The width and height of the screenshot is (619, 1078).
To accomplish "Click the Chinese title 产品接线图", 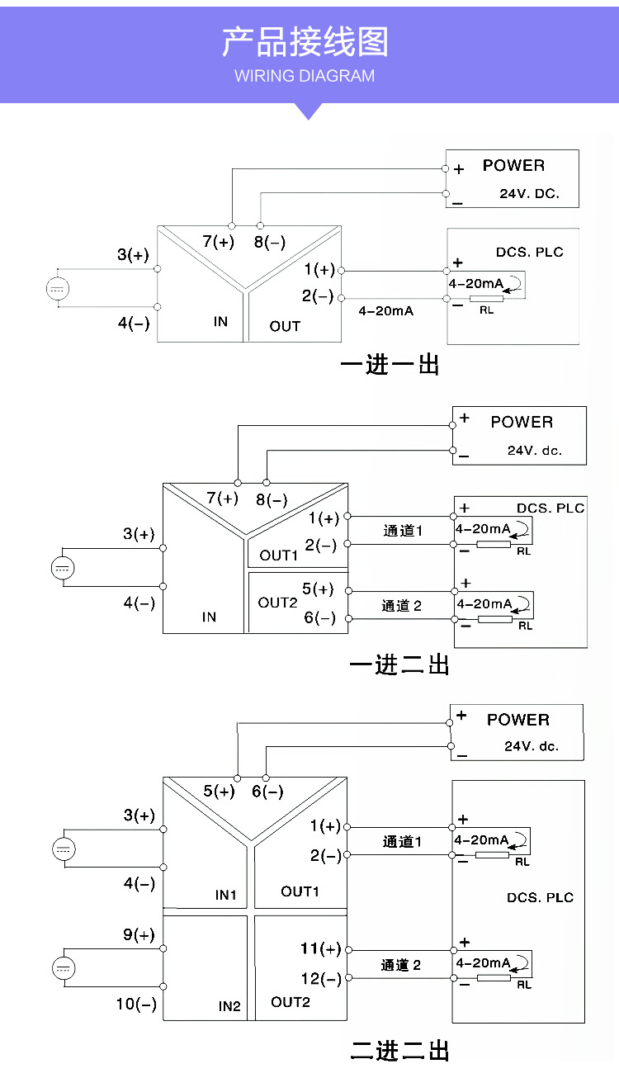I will click(305, 42).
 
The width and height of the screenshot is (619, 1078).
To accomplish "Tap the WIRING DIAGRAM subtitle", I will click(305, 76).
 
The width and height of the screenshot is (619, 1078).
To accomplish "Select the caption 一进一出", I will click(390, 365).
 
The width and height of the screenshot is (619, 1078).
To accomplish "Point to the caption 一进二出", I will click(400, 664).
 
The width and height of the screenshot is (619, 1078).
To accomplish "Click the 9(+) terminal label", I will click(139, 935).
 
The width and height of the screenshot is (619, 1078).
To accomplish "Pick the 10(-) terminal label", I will click(136, 1005).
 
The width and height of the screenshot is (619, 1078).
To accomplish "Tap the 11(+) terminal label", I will click(320, 949).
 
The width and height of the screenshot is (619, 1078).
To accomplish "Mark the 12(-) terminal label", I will click(320, 979).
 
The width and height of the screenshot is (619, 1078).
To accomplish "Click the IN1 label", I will click(226, 895).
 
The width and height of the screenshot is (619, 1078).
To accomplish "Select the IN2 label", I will click(229, 1006).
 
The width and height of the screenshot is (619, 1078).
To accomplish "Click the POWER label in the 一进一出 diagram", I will click(513, 165).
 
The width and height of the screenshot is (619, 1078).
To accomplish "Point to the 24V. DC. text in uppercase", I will click(529, 195).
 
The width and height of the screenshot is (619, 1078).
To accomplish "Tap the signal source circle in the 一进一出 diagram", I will click(58, 288).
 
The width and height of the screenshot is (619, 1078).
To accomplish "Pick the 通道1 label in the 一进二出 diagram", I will click(403, 531).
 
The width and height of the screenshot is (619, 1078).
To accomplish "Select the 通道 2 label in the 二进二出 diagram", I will click(401, 965).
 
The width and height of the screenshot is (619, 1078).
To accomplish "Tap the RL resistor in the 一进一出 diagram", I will click(486, 300).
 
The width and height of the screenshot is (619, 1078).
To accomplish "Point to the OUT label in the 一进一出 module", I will click(285, 326).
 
